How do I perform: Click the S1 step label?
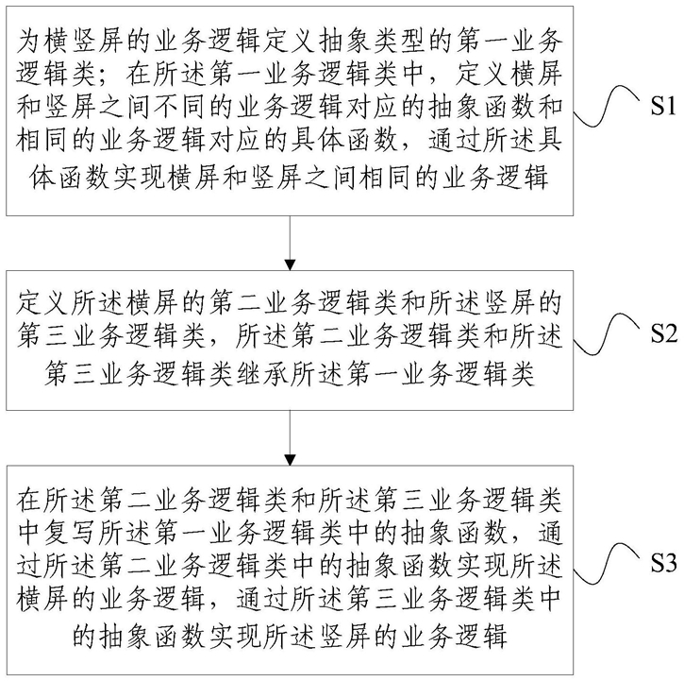[663, 106]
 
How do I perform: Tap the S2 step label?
[664, 333]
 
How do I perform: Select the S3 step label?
[664, 563]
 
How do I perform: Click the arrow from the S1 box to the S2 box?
[290, 243]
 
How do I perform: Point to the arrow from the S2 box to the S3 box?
[290, 437]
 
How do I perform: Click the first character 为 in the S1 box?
[29, 42]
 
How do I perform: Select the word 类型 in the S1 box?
[374, 42]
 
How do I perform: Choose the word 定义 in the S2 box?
[43, 302]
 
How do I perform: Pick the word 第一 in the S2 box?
[374, 374]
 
